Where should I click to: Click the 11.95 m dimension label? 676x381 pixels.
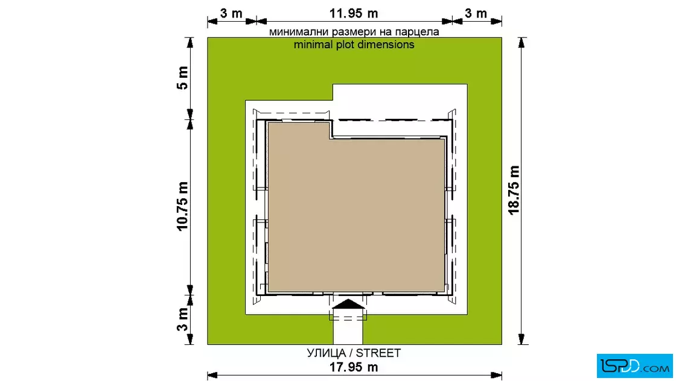pyautogui.click(x=354, y=13)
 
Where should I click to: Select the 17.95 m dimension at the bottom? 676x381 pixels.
pyautogui.click(x=354, y=367)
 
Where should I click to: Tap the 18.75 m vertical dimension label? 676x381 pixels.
pyautogui.click(x=514, y=190)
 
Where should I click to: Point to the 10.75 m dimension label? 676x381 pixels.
pyautogui.click(x=182, y=206)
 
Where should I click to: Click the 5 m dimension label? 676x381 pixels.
pyautogui.click(x=182, y=78)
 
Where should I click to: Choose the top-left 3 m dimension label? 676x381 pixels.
pyautogui.click(x=232, y=13)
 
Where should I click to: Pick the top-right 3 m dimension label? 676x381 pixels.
pyautogui.click(x=476, y=13)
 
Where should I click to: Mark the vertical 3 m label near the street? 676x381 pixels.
pyautogui.click(x=182, y=320)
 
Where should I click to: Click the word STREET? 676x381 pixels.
pyautogui.click(x=378, y=353)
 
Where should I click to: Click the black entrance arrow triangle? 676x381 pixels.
pyautogui.click(x=349, y=304)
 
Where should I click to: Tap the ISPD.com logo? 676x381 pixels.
pyautogui.click(x=634, y=366)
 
